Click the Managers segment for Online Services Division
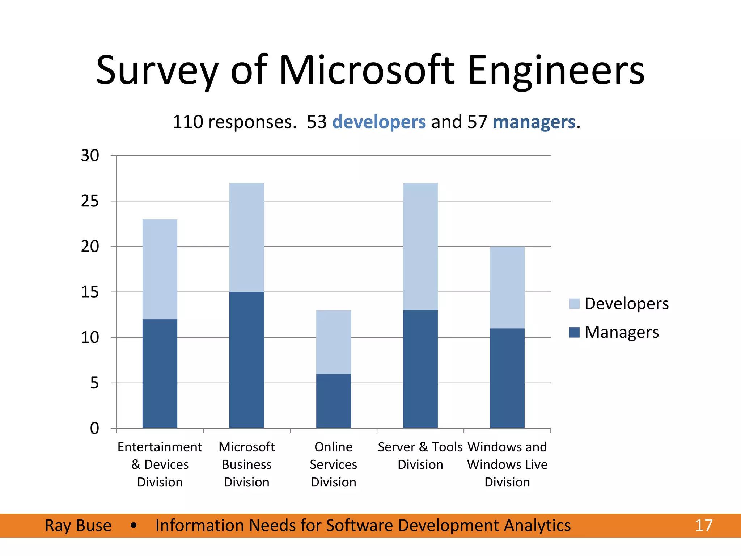point(333,401)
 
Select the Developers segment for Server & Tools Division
point(420,246)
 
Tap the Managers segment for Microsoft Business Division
point(246,360)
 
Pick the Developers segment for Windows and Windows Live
point(507,287)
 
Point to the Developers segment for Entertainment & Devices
point(160,269)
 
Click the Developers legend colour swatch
point(574,303)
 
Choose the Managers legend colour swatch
point(574,332)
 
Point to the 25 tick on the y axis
point(90,201)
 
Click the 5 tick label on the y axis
point(94,383)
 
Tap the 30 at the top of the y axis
point(90,156)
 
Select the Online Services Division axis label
point(333,464)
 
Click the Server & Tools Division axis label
point(420,456)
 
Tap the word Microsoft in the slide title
point(367,70)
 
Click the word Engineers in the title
point(556,70)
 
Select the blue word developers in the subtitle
point(379,122)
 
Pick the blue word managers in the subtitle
point(534,122)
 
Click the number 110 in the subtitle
point(187,122)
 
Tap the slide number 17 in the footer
point(703,525)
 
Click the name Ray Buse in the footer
point(78,525)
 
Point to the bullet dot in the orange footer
point(134,525)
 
